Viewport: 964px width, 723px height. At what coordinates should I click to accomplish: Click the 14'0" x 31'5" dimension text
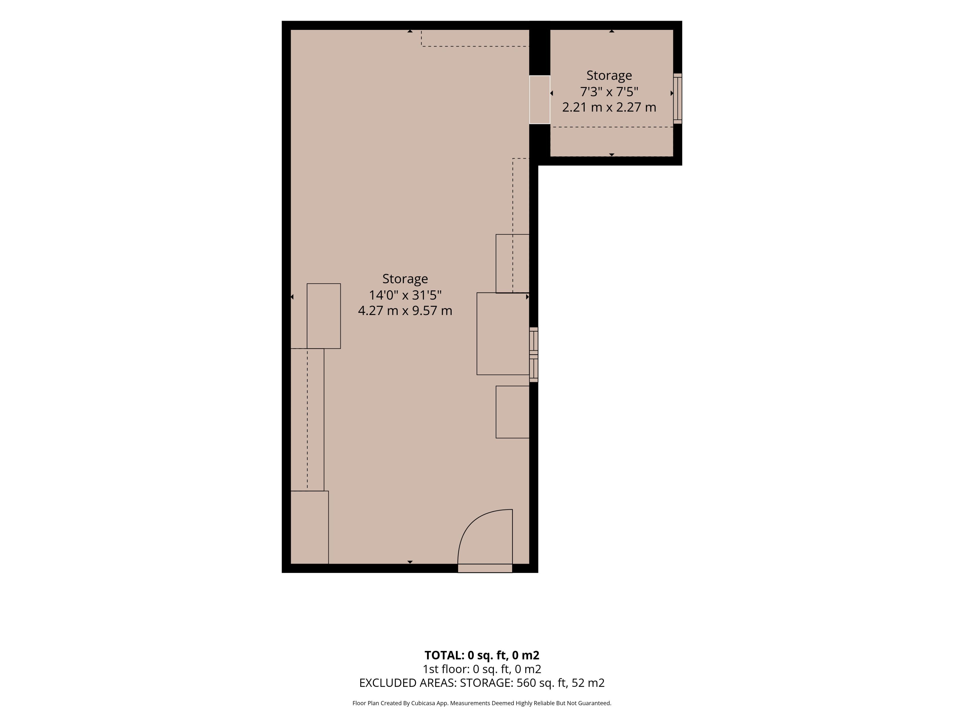click(x=405, y=295)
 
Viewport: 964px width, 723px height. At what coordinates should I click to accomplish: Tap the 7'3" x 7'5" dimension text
click(x=609, y=92)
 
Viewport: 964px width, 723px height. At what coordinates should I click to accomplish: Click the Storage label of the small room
click(x=609, y=75)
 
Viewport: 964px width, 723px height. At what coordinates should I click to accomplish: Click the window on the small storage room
click(x=678, y=98)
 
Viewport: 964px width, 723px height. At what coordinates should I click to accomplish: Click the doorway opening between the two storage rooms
click(x=539, y=99)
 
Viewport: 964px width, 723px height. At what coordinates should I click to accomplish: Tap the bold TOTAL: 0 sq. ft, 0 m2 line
click(x=482, y=655)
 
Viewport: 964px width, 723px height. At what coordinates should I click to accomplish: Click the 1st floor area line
click(x=482, y=669)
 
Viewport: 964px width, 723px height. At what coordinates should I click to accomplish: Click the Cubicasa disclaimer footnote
click(x=482, y=703)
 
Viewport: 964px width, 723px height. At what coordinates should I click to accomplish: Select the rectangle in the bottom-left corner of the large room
click(x=310, y=527)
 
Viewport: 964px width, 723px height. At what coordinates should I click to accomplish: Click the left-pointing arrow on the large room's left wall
click(x=292, y=297)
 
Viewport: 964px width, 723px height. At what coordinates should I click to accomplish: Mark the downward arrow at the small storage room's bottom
click(x=612, y=155)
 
